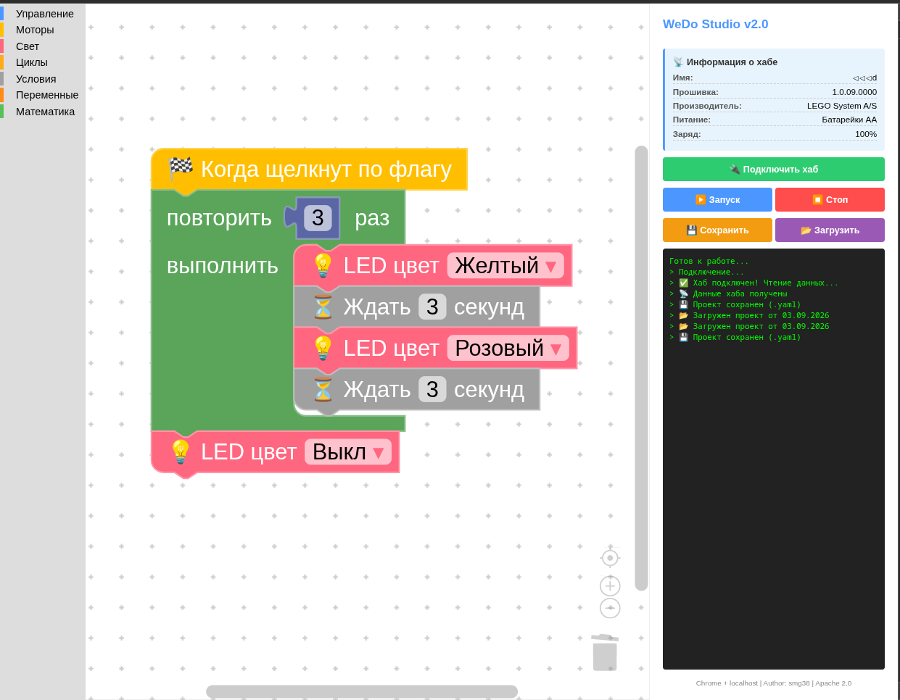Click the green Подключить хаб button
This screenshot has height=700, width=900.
point(773,170)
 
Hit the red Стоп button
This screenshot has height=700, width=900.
point(830,200)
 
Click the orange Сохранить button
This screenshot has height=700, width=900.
point(717,230)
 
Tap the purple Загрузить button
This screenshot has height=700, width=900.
point(830,230)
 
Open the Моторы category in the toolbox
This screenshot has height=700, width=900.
point(35,30)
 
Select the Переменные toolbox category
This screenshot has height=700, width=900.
point(47,95)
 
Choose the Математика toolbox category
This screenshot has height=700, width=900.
point(45,112)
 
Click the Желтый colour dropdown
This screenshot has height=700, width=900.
point(505,266)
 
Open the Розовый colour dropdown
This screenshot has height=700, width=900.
point(508,348)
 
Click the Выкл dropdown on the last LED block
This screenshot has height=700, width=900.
point(348,451)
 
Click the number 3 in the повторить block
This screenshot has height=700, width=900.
point(318,217)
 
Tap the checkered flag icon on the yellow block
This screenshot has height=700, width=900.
point(181,168)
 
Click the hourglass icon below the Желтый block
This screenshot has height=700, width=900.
point(323,307)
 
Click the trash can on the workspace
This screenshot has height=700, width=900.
point(605,652)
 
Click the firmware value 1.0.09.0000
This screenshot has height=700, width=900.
point(854,92)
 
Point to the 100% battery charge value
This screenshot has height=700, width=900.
point(866,134)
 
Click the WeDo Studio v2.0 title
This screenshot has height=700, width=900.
point(715,24)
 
